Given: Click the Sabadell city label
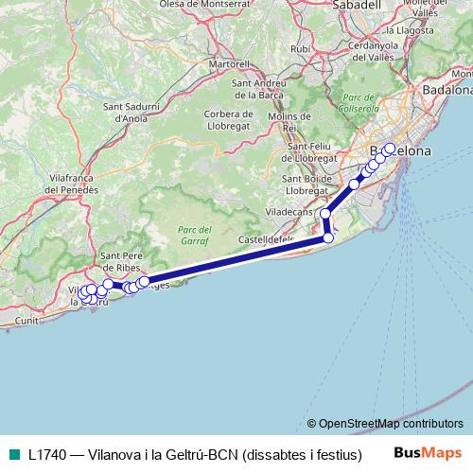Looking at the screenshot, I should [359, 5].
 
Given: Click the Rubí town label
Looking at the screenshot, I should [301, 47].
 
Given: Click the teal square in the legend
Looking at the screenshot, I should [9, 454].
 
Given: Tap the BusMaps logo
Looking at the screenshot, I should [428, 453].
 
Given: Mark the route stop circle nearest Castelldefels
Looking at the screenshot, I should [328, 238].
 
